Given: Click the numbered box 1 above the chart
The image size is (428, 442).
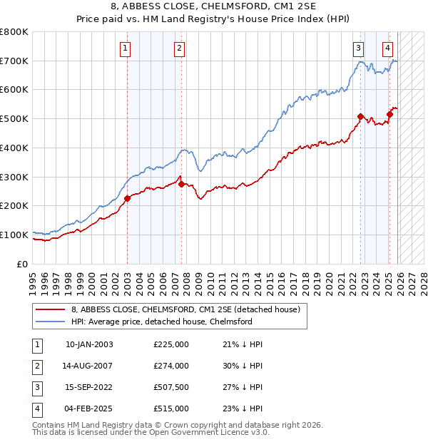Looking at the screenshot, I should (x=125, y=48).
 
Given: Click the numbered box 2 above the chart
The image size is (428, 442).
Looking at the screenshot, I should (x=178, y=48).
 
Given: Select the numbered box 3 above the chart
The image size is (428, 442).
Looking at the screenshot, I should (x=357, y=48).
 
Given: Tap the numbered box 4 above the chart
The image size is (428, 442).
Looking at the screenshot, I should (x=387, y=48).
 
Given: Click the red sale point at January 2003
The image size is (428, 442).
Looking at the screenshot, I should (x=127, y=198).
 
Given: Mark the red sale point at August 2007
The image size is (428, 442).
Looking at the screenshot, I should (x=181, y=184).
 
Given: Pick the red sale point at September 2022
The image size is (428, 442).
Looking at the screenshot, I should (x=360, y=116).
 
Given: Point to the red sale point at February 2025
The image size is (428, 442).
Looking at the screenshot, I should (x=389, y=114).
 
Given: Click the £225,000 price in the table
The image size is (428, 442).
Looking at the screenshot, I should (x=171, y=344).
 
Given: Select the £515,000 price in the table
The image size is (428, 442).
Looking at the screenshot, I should (x=171, y=408).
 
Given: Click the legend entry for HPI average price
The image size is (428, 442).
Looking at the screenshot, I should (x=162, y=322).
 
